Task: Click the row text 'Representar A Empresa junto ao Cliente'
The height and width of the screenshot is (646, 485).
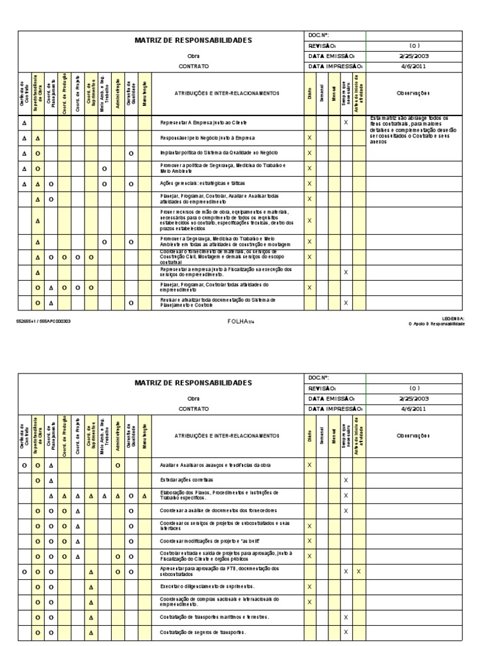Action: pos(203,122)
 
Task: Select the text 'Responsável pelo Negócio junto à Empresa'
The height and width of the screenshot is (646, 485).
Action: pos(207,138)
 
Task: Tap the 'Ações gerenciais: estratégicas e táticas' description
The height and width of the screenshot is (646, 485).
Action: pos(203,184)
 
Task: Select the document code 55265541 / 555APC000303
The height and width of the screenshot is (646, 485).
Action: pos(44,320)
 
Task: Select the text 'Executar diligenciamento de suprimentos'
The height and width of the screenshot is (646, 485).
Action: pos(206,586)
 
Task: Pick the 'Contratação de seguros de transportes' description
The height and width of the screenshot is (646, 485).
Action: pos(203,631)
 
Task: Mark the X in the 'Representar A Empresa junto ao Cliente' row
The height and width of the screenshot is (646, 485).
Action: pos(345,122)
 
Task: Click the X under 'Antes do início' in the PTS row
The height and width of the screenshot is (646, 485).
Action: pos(359,571)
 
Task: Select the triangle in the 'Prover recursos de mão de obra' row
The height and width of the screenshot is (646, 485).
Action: pos(38,221)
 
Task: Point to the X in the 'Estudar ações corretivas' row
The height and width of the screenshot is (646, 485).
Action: pos(345,480)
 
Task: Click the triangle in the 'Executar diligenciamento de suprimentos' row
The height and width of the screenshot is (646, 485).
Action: pos(91,586)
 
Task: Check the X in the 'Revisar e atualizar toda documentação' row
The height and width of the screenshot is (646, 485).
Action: pos(345,303)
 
